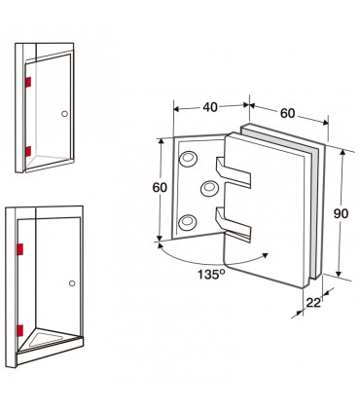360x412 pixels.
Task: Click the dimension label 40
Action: pyautogui.click(x=210, y=107)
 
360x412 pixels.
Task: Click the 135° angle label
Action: pyautogui.click(x=211, y=275)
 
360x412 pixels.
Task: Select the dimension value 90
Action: pyautogui.click(x=341, y=213)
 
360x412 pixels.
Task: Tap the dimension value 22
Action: pyautogui.click(x=313, y=303)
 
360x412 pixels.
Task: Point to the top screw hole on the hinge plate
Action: pyautogui.click(x=189, y=159)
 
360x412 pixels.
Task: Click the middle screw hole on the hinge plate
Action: pyautogui.click(x=209, y=188)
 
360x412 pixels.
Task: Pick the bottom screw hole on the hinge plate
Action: pyautogui.click(x=188, y=222)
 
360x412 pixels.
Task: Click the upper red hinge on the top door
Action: pyautogui.click(x=28, y=82)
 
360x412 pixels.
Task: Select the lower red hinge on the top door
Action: pyautogui.click(x=28, y=151)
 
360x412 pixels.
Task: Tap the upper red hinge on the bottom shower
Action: pyautogui.click(x=20, y=249)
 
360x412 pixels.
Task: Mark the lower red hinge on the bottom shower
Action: pyautogui.click(x=20, y=330)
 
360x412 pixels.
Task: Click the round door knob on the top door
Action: pyautogui.click(x=64, y=114)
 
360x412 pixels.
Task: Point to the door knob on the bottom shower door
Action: pyautogui.click(x=72, y=283)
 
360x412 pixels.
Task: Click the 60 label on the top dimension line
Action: pyautogui.click(x=287, y=113)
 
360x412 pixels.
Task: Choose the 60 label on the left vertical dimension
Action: pyautogui.click(x=160, y=188)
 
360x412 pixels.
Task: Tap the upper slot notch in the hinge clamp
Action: pyautogui.click(x=234, y=172)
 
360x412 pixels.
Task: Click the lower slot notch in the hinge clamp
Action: pyautogui.click(x=234, y=223)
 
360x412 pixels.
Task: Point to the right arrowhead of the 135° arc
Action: pyautogui.click(x=265, y=255)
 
